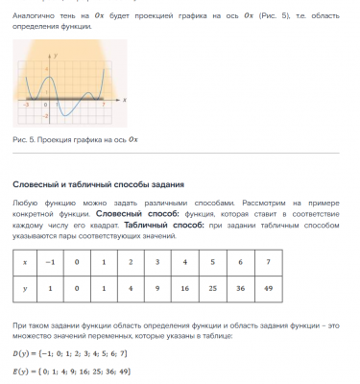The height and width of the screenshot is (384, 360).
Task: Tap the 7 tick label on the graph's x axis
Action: tap(103, 104)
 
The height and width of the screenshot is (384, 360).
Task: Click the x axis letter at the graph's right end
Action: tap(125, 99)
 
